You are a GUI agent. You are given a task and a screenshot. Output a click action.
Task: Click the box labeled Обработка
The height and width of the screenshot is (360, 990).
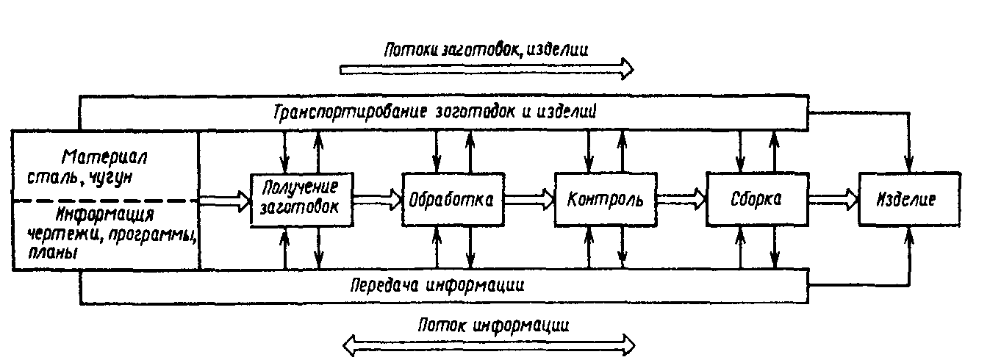click(453, 198)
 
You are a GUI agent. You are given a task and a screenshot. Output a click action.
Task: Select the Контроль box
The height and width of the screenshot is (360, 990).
click(605, 198)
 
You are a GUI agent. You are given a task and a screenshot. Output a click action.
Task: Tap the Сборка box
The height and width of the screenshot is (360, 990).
click(757, 198)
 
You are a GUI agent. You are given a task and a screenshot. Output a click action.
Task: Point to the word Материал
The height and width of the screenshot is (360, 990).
click(106, 156)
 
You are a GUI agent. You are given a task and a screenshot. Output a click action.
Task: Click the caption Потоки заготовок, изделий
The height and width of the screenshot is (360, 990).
click(486, 49)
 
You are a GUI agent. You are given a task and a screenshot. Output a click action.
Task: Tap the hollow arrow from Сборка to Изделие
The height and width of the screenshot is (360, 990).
click(833, 198)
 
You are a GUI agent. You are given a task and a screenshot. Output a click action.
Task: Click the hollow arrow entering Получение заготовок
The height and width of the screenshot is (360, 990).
click(225, 200)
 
